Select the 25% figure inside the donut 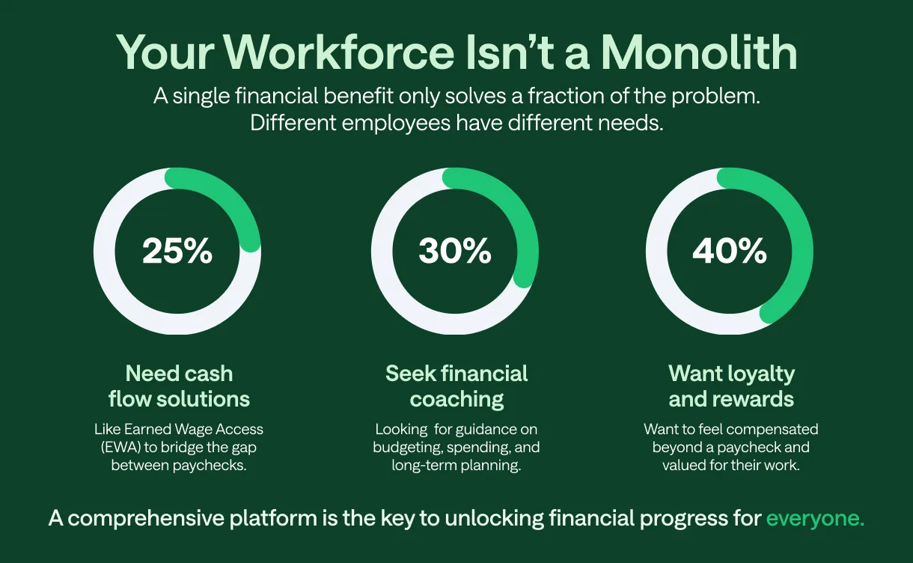pyautogui.click(x=177, y=252)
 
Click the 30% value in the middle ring pyautogui.click(x=455, y=252)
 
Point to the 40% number pyautogui.click(x=730, y=252)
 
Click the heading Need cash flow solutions pyautogui.click(x=179, y=386)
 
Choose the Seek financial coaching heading pyautogui.click(x=456, y=386)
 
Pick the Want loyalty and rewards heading pyautogui.click(x=731, y=386)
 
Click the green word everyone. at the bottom pyautogui.click(x=815, y=519)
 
